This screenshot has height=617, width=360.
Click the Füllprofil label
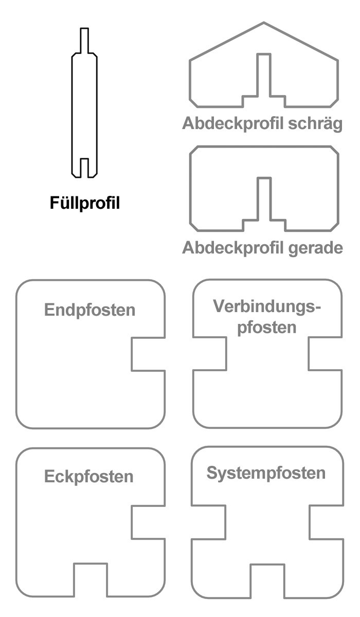pyautogui.click(x=85, y=203)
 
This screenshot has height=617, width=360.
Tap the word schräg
pyautogui.click(x=315, y=123)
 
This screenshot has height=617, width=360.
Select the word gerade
pyautogui.click(x=316, y=248)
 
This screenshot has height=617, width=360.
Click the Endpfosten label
pyautogui.click(x=90, y=311)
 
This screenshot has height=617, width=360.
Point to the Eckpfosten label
pyautogui.click(x=88, y=477)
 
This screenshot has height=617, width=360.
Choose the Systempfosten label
pyautogui.click(x=266, y=474)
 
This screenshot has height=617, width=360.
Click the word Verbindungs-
pyautogui.click(x=267, y=306)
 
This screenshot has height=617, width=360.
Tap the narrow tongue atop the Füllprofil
pyautogui.click(x=84, y=41)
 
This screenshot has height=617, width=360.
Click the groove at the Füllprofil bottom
pyautogui.click(x=84, y=168)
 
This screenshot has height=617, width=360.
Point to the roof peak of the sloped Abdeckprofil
pyautogui.click(x=264, y=23)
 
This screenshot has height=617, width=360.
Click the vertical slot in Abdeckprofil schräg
pyautogui.click(x=264, y=75)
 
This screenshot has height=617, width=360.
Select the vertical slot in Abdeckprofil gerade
pyautogui.click(x=264, y=199)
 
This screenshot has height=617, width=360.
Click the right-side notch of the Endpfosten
pyautogui.click(x=148, y=354)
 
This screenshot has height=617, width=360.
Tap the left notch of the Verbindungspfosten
pyautogui.click(x=210, y=353)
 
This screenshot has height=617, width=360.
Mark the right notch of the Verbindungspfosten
pyautogui.click(x=326, y=353)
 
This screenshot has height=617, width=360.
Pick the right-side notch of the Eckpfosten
pyautogui.click(x=148, y=522)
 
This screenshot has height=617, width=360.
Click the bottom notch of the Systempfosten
pyautogui.click(x=267, y=581)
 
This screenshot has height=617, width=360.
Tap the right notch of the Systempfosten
pyautogui.click(x=327, y=522)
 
